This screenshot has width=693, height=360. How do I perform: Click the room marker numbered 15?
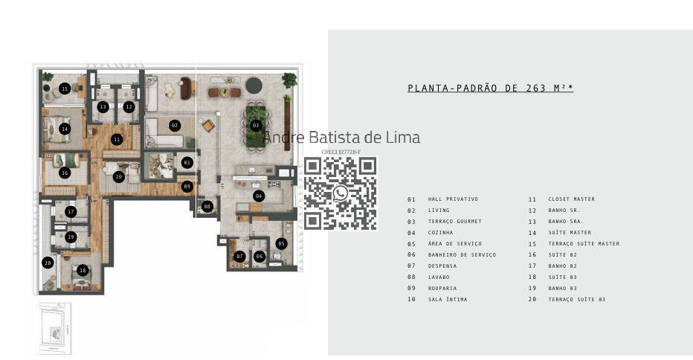(x=65, y=89)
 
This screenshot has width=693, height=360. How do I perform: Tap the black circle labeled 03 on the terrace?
(x=255, y=125)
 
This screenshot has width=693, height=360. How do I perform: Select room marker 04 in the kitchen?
(x=258, y=196)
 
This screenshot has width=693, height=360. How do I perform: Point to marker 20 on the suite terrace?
(x=48, y=263)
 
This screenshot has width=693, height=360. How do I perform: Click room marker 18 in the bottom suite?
(x=83, y=270)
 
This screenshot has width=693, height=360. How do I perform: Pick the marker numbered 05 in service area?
(x=280, y=243)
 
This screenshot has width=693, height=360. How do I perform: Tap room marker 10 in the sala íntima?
(x=119, y=177)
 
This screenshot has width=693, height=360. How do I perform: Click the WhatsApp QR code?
(x=341, y=193)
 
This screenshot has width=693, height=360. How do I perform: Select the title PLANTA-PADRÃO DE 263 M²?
(x=490, y=89)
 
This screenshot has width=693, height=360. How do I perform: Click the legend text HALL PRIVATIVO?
(x=453, y=199)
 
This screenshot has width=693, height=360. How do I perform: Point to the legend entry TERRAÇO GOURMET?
(x=454, y=222)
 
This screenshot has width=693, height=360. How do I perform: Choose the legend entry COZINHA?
(x=440, y=233)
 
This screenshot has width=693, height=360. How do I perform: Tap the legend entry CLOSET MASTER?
(x=571, y=199)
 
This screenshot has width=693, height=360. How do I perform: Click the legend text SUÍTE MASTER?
(x=570, y=233)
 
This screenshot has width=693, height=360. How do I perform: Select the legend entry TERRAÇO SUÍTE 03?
(x=576, y=300)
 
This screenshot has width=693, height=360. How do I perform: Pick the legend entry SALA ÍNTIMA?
(x=448, y=300)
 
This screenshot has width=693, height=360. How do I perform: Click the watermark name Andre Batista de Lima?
(x=342, y=138)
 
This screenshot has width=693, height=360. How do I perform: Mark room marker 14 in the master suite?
(x=65, y=129)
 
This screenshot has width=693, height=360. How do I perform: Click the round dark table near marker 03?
(x=254, y=83)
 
